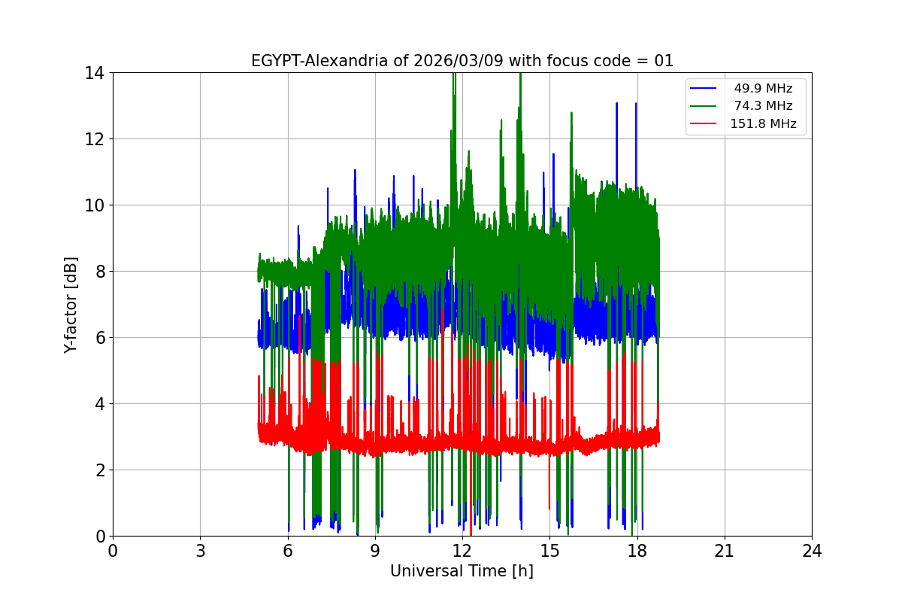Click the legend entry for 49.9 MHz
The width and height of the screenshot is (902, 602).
[763, 89]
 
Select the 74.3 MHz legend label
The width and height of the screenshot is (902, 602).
[763, 106]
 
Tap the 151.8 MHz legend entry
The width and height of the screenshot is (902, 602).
[763, 124]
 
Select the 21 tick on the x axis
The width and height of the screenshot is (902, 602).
[725, 551]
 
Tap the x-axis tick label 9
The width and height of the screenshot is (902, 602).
[375, 551]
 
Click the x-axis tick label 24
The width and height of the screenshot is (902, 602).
[812, 551]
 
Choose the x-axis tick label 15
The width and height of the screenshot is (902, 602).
[549, 551]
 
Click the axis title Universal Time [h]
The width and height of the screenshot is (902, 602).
[462, 572]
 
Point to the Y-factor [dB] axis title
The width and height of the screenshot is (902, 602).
[71, 304]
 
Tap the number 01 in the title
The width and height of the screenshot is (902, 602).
[664, 61]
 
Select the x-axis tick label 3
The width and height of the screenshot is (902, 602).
[200, 551]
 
